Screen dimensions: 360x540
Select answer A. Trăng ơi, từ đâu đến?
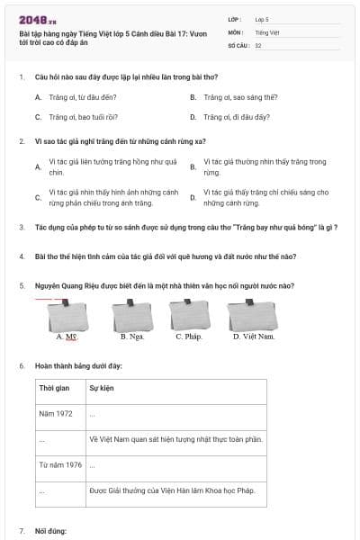pos(72,96)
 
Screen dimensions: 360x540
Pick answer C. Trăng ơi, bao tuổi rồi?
pos(72,117)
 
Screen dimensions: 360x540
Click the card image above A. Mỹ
pos(67,314)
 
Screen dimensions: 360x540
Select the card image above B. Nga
pos(132,314)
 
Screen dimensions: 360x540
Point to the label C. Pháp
pos(188,337)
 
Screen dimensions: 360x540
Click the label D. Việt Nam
pos(251,337)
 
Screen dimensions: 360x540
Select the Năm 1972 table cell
pos(56,414)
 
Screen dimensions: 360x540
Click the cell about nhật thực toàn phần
pos(175,439)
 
